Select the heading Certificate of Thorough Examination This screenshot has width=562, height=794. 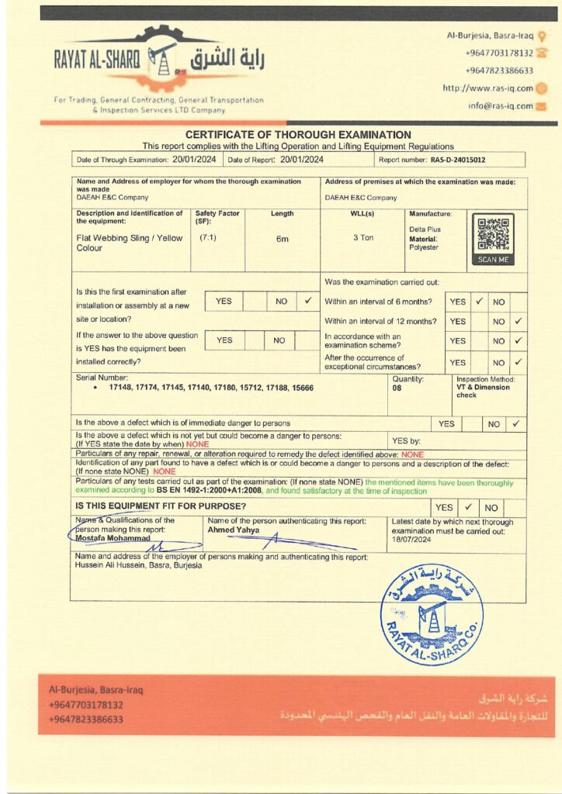pos(298,135)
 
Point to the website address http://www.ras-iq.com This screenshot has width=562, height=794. pos(487,88)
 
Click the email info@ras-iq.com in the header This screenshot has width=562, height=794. pos(501,106)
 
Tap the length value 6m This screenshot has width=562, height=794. pos(283,239)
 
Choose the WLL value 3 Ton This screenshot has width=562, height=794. pos(363,237)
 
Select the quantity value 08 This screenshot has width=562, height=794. pos(397,388)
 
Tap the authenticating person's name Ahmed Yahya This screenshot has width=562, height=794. pos(233,530)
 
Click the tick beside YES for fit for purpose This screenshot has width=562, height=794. pos(468,507)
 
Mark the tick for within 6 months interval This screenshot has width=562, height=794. pos(480,301)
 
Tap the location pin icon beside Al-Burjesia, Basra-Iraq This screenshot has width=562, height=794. pos(542,36)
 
